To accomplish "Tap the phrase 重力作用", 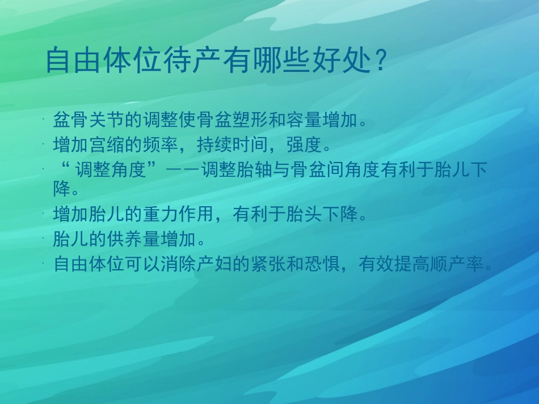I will pyautogui.click(x=176, y=215).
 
